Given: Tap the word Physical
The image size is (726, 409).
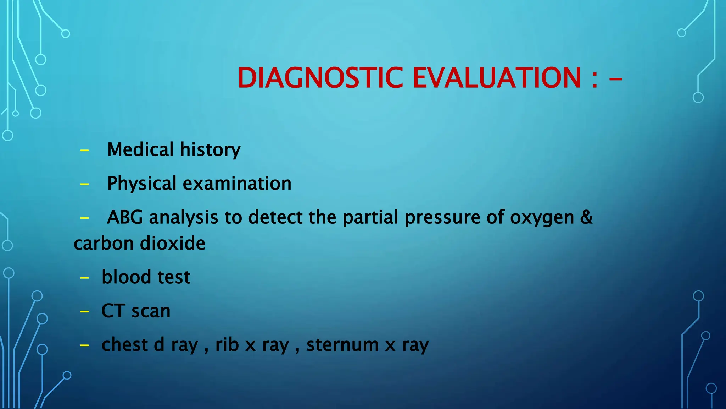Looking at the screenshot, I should pyautogui.click(x=141, y=184).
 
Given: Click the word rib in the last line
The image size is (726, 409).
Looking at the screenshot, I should pyautogui.click(x=227, y=344).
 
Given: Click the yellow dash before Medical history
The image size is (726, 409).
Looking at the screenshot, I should pyautogui.click(x=84, y=151).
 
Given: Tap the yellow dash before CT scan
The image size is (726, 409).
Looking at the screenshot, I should pyautogui.click(x=84, y=312).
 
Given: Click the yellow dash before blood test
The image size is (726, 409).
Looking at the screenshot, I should pyautogui.click(x=84, y=278).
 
